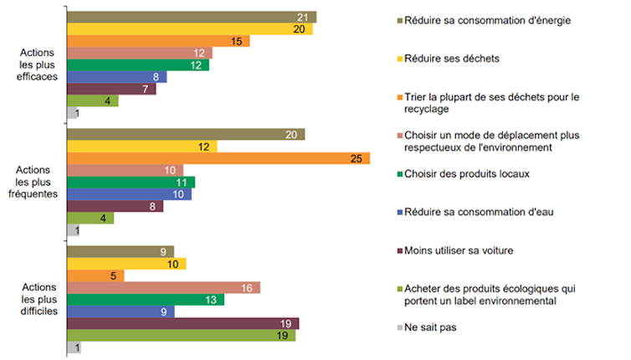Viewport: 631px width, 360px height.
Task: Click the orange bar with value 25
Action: click(x=218, y=158)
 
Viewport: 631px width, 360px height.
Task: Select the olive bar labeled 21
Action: click(x=191, y=17)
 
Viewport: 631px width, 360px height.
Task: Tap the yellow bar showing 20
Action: click(x=189, y=29)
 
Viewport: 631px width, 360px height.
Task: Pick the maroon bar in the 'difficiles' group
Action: click(x=182, y=323)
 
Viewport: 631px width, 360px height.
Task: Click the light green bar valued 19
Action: click(x=181, y=335)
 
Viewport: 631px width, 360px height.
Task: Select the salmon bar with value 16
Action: click(x=163, y=287)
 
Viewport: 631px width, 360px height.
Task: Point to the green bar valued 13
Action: click(x=146, y=299)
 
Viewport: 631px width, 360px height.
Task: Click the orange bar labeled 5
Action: click(x=95, y=275)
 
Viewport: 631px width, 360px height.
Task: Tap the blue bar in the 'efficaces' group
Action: click(x=116, y=77)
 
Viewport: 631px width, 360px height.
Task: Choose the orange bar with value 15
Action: click(x=158, y=41)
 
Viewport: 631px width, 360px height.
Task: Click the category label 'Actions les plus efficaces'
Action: click(x=38, y=64)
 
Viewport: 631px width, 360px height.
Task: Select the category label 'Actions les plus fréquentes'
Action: click(x=38, y=182)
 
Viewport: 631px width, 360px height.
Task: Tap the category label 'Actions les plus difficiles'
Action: click(x=38, y=299)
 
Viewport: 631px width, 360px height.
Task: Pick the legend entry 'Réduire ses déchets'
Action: click(x=452, y=58)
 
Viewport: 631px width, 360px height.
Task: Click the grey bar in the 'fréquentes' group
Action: click(x=73, y=230)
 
